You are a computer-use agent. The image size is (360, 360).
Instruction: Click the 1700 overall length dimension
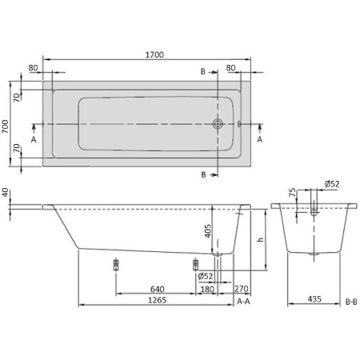click(155, 54)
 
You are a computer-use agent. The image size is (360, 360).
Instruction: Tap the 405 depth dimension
click(208, 232)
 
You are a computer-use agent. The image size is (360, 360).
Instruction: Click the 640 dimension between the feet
click(157, 290)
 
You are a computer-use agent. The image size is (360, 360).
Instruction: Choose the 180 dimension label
click(206, 290)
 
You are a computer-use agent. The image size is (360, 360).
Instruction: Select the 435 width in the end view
click(317, 300)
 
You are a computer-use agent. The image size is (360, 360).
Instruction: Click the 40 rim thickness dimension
click(6, 193)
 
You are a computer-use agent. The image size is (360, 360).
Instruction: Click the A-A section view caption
click(245, 301)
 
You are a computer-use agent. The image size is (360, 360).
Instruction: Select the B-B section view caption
click(350, 301)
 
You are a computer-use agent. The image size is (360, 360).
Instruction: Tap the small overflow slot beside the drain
click(238, 124)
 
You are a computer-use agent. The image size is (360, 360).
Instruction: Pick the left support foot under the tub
click(118, 263)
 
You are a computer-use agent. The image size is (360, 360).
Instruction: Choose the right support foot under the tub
click(194, 263)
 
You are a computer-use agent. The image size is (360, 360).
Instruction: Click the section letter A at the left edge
click(34, 138)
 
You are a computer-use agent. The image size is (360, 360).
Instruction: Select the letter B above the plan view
click(203, 72)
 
